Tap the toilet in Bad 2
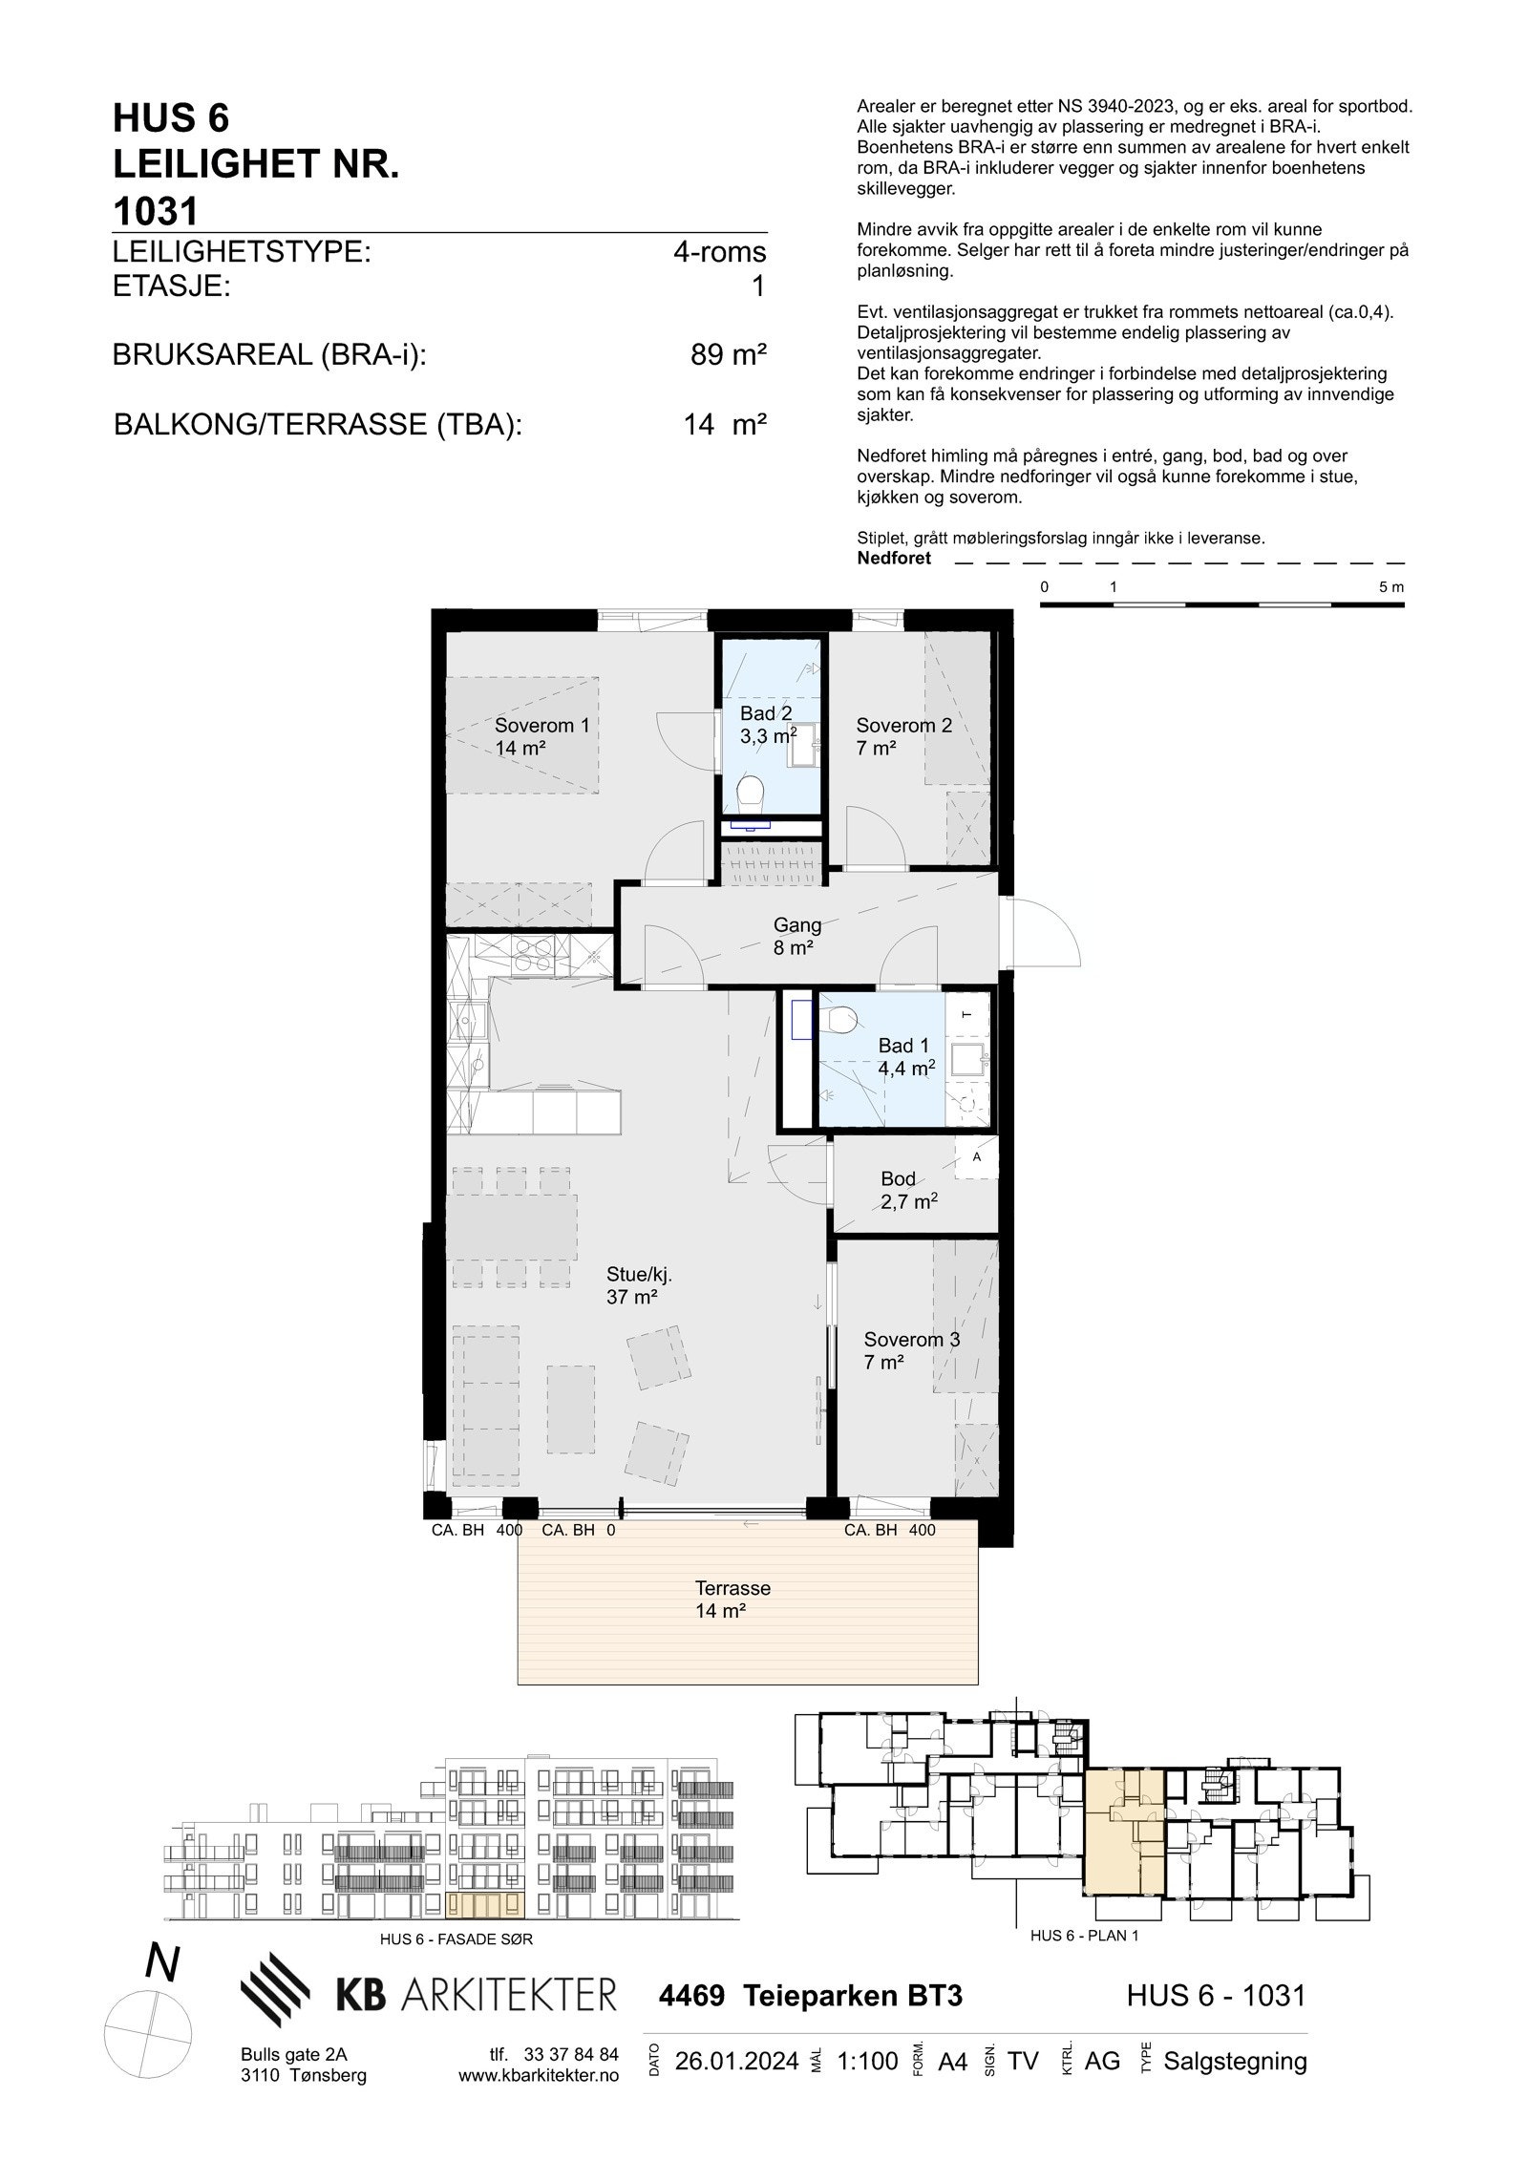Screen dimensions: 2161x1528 pos(752,791)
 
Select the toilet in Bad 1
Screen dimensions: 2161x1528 pos(841,1019)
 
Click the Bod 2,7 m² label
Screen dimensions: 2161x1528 pos(908,1190)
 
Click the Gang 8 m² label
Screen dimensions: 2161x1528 pos(796,936)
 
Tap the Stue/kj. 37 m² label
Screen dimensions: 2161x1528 pos(633,1284)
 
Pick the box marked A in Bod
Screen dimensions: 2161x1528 pos(976,1157)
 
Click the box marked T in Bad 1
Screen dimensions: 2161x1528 pos(966,1014)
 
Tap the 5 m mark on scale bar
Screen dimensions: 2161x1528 pos(1391,587)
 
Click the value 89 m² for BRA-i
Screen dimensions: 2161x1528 pos(729,355)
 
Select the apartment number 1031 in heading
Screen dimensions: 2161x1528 pos(155,211)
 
